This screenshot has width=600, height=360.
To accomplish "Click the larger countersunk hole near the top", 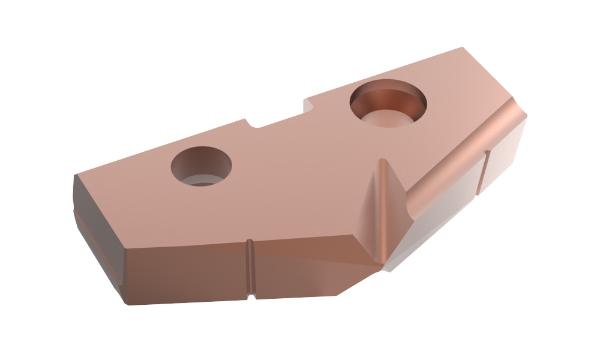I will click(x=388, y=104).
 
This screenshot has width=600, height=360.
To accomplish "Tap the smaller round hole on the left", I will click(x=201, y=166).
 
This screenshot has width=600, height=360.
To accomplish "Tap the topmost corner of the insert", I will click(x=462, y=47).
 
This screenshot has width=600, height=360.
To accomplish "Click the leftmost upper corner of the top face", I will click(x=76, y=175).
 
